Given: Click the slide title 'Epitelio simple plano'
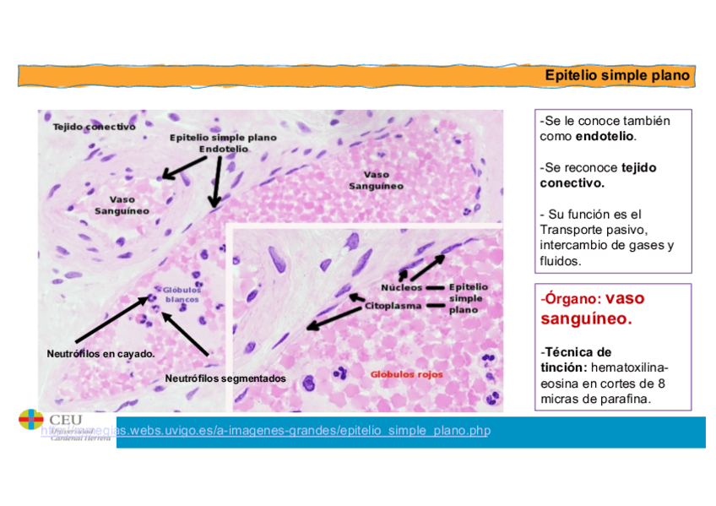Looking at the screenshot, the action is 617,75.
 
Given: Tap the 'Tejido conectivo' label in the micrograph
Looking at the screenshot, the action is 94,127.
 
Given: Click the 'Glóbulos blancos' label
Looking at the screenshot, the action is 182,294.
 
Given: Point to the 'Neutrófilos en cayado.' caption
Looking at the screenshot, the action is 100,354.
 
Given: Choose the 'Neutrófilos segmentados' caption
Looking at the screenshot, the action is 225,378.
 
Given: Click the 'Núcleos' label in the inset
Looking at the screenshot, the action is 402,287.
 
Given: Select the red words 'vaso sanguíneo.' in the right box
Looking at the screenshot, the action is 586,309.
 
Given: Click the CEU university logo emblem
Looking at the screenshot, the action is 31,420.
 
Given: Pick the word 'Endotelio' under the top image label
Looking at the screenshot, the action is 224,149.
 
